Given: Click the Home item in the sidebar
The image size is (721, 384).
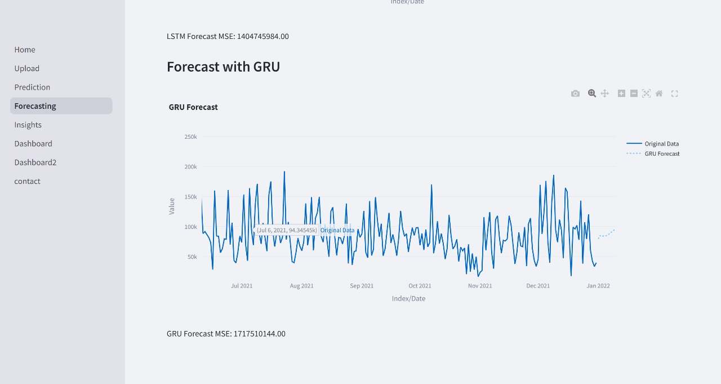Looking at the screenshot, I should point(25,50).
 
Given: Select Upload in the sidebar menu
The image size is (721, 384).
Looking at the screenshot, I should point(27,68).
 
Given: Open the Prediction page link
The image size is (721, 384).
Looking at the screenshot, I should point(32,87).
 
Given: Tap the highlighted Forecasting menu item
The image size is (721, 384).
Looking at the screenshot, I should point(35,106).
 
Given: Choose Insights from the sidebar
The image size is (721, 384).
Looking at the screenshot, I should point(28,125).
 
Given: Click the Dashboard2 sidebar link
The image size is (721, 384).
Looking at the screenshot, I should point(35,162).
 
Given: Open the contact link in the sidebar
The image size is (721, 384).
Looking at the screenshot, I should point(28,181).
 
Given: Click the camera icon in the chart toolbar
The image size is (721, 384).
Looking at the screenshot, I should point(575,94).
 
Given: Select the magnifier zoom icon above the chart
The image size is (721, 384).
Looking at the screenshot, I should point(592,94).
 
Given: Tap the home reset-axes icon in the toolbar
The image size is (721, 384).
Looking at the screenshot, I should point(659,94).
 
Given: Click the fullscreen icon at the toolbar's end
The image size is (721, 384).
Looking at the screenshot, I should point(674,94).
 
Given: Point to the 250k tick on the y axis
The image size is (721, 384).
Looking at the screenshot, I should point(190,137).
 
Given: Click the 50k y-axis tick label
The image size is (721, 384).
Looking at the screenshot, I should point(192,257).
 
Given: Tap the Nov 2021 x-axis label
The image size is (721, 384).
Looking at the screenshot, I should point(480,286).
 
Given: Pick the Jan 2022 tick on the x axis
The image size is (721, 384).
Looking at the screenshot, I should point(598,286).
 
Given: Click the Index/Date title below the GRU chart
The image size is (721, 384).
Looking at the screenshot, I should point(408,298).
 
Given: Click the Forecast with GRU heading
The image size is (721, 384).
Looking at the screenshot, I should point(223,67).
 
